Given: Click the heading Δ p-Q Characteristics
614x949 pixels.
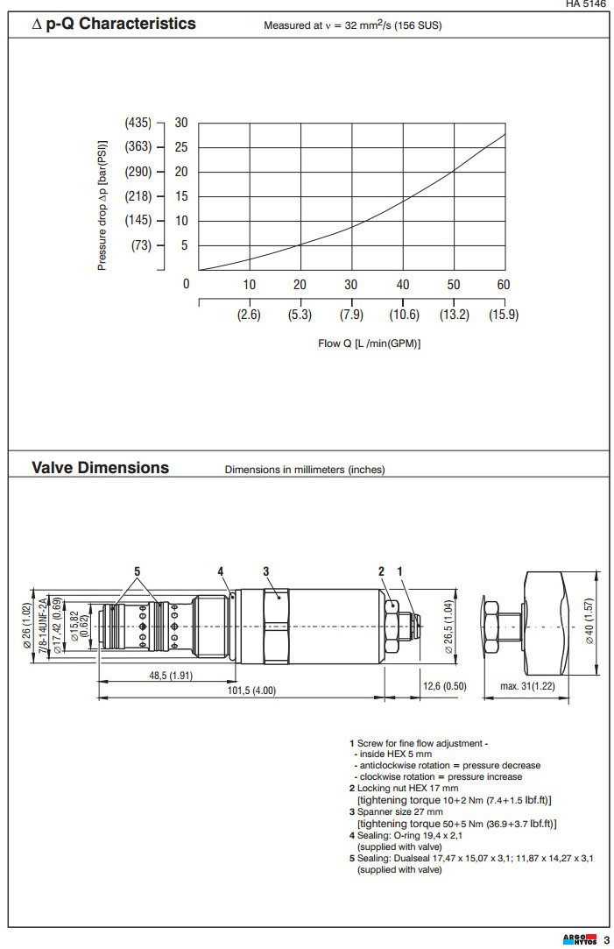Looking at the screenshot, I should point(114,24).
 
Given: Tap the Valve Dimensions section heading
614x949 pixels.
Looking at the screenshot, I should point(100,467).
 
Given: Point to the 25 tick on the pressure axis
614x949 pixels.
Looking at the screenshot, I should point(181,147).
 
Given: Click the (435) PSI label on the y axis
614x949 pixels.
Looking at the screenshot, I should point(138,123).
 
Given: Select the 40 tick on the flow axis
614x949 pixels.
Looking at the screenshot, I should point(403,285).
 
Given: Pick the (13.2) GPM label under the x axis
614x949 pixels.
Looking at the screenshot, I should point(453,315).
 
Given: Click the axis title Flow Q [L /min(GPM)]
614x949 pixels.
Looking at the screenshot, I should point(369,343).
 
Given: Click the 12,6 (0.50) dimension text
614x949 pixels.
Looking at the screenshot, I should point(443,686).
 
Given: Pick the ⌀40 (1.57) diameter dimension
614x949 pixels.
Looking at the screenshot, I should point(590,622).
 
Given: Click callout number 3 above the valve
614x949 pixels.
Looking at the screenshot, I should point(265,571).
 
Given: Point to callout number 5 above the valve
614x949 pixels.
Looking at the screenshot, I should point(138,571).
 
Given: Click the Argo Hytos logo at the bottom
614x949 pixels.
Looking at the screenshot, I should point(580,940).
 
